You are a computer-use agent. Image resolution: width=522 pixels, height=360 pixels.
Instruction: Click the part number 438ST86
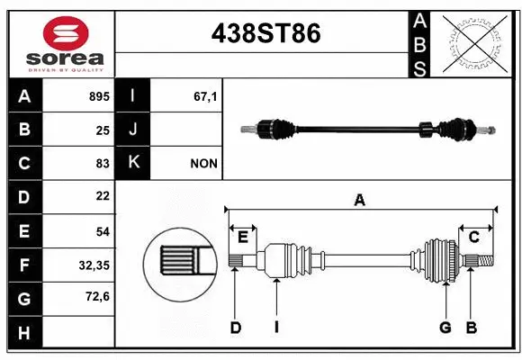pos(265,34)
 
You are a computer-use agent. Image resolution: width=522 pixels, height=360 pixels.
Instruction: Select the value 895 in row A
pos(99,96)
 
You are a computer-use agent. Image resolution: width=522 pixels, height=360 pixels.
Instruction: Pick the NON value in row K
pos(202,164)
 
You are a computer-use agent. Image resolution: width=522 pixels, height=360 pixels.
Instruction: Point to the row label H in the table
pos(24,333)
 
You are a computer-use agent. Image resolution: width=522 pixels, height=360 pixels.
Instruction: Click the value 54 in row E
pos(102,231)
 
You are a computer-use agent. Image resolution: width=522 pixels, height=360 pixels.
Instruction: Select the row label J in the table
pos(132,130)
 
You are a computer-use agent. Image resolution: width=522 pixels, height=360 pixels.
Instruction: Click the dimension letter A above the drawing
pos(360,201)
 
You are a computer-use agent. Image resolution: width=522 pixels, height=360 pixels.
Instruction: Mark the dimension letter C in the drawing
pos(473,236)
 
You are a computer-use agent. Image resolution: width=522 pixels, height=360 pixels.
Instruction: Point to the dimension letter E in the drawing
pos(242,237)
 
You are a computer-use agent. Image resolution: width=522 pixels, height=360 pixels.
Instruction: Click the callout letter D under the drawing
pos(235,328)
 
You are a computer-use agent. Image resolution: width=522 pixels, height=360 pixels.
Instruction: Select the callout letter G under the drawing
pos(445,328)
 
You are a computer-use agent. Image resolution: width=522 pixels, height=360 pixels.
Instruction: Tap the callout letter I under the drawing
pos(276,328)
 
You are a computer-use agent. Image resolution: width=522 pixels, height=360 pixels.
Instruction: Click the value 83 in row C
pos(102,164)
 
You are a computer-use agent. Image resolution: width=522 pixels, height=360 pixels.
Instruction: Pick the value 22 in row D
pos(102,196)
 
